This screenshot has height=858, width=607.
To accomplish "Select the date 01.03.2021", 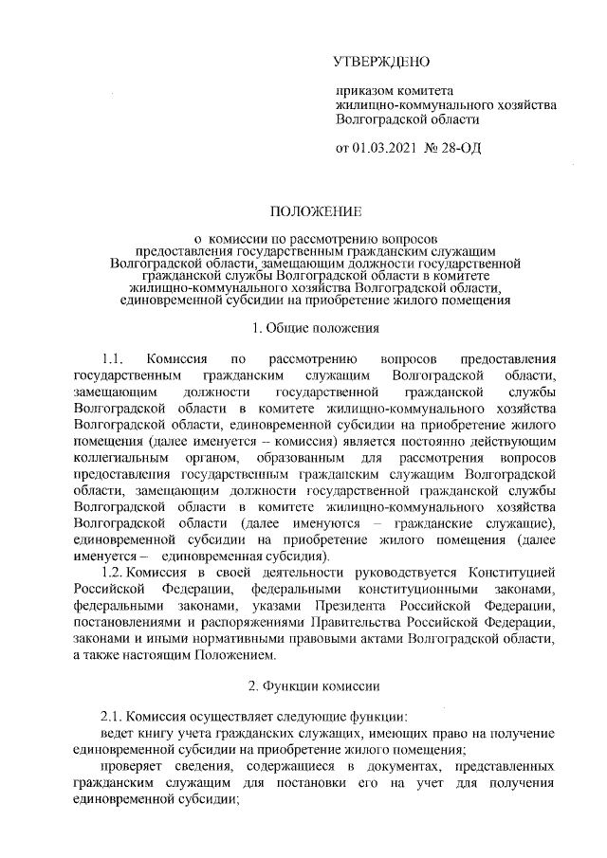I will coord(385,150).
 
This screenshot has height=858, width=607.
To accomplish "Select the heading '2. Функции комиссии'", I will coord(314,685).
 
